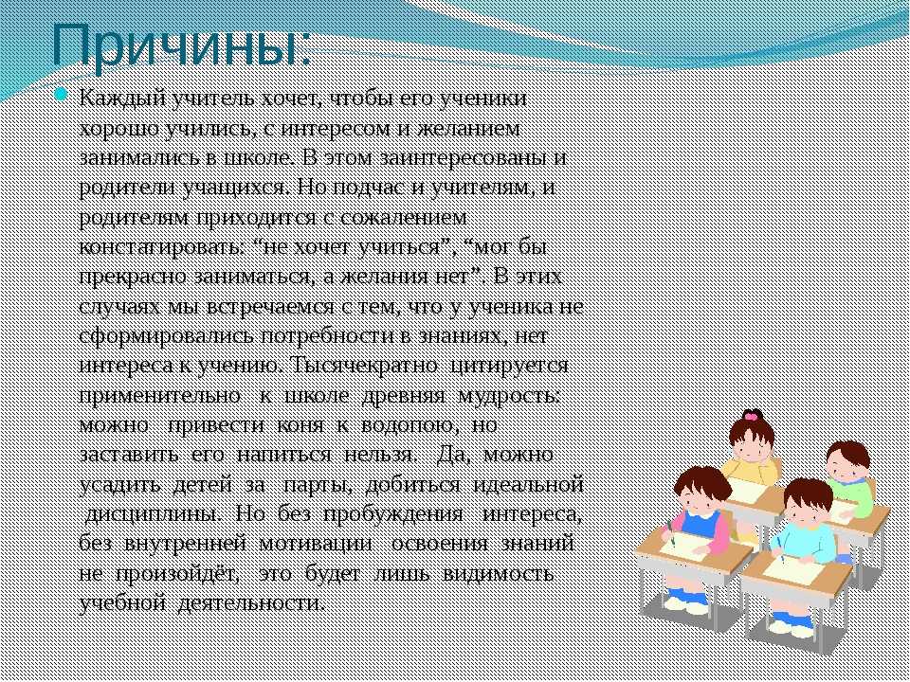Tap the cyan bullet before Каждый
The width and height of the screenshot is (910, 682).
(x=61, y=95)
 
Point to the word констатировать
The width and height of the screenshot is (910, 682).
(x=161, y=247)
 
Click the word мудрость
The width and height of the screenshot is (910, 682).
(x=509, y=397)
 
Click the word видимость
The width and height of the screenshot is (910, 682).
(x=498, y=574)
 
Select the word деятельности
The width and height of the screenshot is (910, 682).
(x=249, y=604)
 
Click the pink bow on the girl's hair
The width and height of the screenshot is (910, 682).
(x=752, y=415)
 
